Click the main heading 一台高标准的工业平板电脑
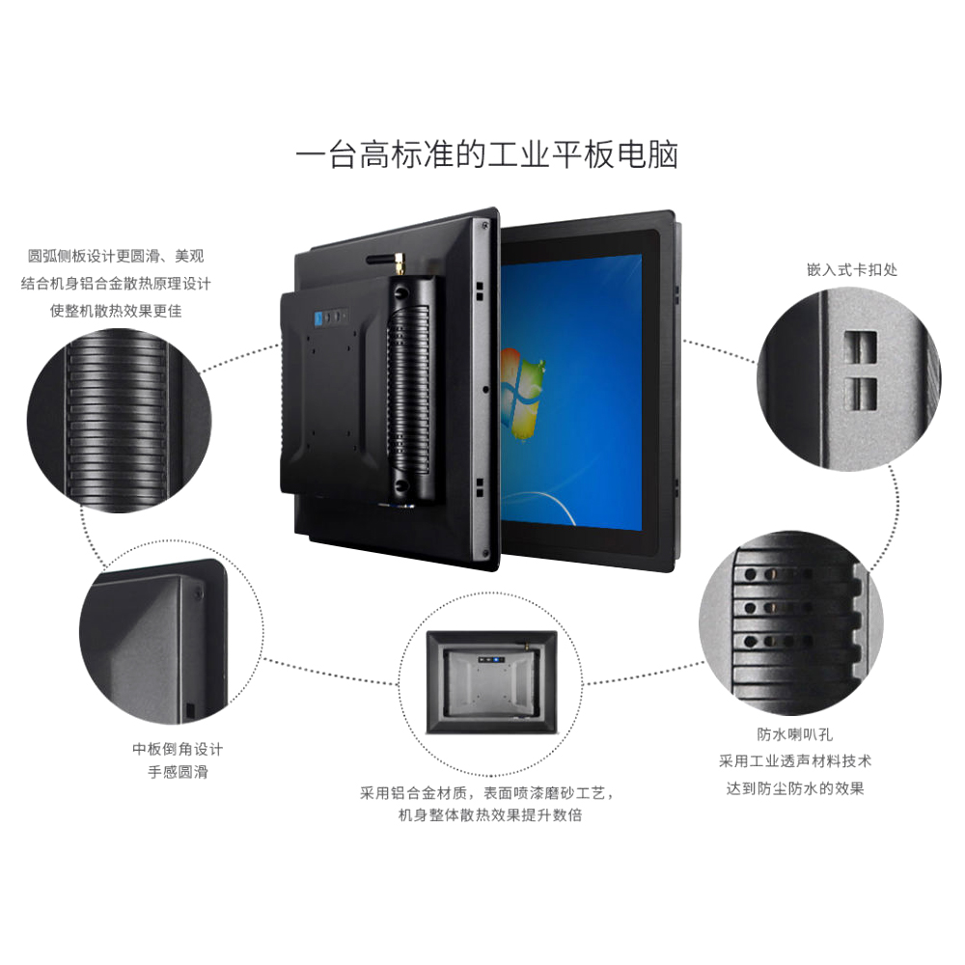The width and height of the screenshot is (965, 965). (x=486, y=155)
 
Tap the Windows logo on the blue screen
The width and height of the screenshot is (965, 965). (x=522, y=394)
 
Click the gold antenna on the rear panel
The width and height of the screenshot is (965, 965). (x=399, y=263)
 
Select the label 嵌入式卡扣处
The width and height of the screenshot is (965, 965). (x=852, y=269)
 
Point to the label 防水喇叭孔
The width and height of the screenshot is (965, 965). (x=794, y=734)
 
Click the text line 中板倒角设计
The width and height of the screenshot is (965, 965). (x=178, y=749)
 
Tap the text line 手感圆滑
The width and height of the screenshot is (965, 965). (x=178, y=772)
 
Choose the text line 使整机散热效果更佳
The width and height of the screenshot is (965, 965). (x=116, y=311)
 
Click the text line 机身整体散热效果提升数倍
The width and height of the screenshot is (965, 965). (x=490, y=814)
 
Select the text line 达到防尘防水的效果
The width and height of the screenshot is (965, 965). (x=795, y=788)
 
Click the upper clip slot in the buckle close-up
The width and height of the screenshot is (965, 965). (x=860, y=347)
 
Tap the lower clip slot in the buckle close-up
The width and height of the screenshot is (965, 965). (x=861, y=394)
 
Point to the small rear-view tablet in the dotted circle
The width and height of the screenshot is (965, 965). (x=492, y=682)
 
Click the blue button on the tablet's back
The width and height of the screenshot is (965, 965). (x=318, y=318)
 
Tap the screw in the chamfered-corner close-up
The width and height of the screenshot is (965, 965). (x=198, y=593)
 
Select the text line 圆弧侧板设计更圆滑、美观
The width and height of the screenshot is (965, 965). (x=116, y=256)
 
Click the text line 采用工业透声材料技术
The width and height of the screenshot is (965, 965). (x=795, y=761)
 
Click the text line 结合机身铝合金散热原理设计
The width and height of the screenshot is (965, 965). (x=116, y=283)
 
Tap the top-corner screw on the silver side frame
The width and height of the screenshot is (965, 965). (x=485, y=226)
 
